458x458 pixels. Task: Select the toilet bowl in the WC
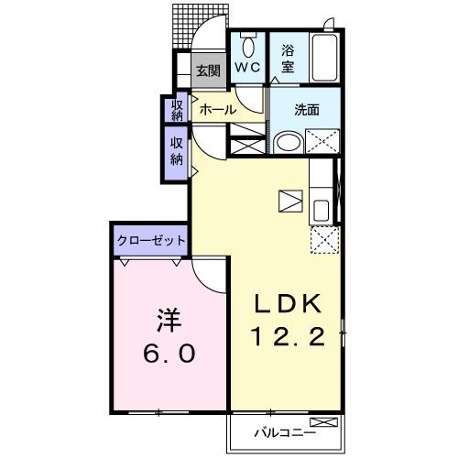(x=246, y=43)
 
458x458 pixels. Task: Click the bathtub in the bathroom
(x=324, y=59)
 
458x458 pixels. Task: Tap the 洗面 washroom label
(x=306, y=109)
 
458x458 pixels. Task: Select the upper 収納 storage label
(x=177, y=109)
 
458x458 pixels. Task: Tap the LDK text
(x=285, y=302)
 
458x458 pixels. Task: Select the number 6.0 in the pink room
(x=169, y=353)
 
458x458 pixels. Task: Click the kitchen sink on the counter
(x=321, y=209)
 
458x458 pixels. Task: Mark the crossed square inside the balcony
(x=328, y=423)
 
